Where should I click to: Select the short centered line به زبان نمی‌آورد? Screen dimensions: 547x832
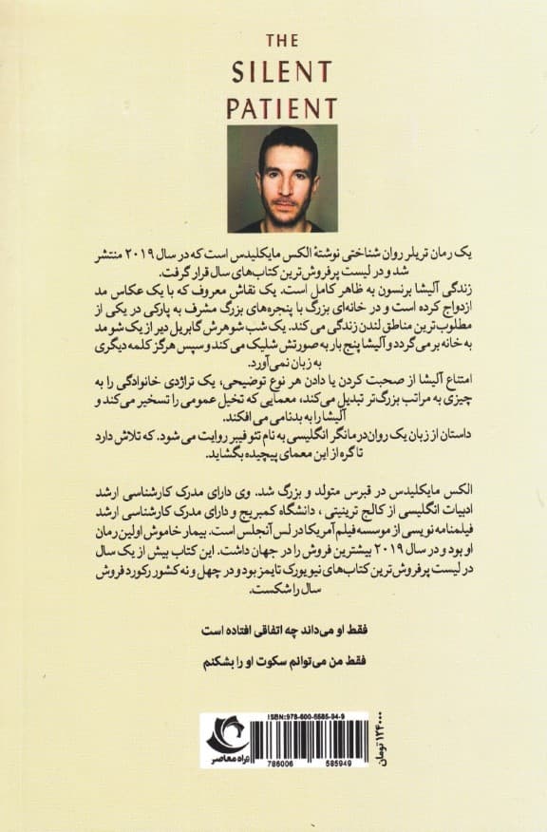(273, 364)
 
